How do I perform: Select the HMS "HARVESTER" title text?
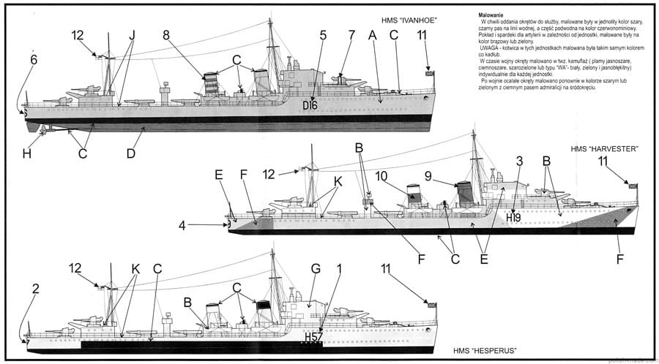pyautogui.click(x=605, y=149)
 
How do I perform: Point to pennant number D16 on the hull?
pyautogui.click(x=310, y=105)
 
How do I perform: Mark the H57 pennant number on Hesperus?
pyautogui.click(x=313, y=337)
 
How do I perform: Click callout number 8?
pyautogui.click(x=166, y=34)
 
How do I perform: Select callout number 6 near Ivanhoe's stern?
pyautogui.click(x=33, y=59)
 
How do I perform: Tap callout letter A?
pyautogui.click(x=372, y=34)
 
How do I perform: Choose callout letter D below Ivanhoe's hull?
pyautogui.click(x=131, y=154)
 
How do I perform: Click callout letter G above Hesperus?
pyautogui.click(x=316, y=269)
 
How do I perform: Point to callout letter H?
pyautogui.click(x=27, y=154)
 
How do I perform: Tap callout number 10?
pyautogui.click(x=381, y=175)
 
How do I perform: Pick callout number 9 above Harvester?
pyautogui.click(x=429, y=175)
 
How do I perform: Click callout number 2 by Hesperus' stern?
pyautogui.click(x=34, y=289)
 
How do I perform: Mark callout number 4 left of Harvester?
pyautogui.click(x=182, y=225)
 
